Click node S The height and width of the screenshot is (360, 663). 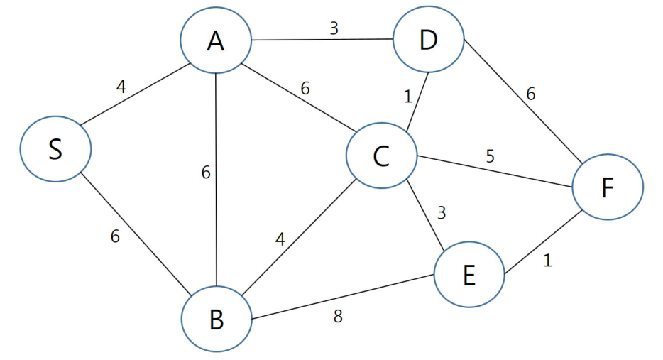pos(55,149)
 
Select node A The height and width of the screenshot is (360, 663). pos(216,40)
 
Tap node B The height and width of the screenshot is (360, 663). pos(217,319)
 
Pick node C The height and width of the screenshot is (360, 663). pos(381,156)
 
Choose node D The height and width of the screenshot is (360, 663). pos(428,39)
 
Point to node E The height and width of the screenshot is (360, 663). pos(469,275)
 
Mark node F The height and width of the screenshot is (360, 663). pos(608,187)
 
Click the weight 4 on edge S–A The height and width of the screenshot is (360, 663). pos(121,87)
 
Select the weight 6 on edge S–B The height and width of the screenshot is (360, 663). pos(115,236)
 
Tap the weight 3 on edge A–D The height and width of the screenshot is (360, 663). pos(334,28)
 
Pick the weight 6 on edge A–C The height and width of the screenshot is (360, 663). pos(305,89)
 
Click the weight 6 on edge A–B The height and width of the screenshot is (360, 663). pos(206,173)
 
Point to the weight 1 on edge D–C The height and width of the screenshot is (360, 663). pos(407,97)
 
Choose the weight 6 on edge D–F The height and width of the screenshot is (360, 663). pos(531,94)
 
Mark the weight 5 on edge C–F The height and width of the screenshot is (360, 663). pos(490,156)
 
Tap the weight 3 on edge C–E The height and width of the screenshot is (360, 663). pos(442,213)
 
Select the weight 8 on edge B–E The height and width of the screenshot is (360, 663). pos(338,316)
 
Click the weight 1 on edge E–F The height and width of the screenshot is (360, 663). pos(547,261)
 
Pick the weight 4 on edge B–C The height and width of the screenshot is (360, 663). pos(280,239)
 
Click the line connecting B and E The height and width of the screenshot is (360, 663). pos(343,297)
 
